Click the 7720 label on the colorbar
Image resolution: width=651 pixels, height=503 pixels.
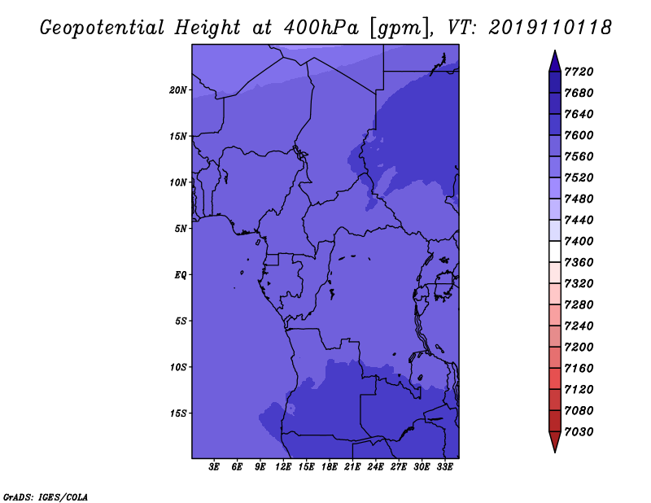point(579,72)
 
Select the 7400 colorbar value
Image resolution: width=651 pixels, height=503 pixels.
point(579,241)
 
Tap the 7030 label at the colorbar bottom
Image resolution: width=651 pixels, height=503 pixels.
point(579,432)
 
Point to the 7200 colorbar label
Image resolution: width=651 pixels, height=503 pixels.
point(579,347)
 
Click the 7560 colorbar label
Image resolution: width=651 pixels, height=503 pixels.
point(579,156)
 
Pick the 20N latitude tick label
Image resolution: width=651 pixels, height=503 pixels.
point(178,90)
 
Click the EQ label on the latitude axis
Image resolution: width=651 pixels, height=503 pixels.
point(181,275)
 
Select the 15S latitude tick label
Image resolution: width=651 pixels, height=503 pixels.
point(178,413)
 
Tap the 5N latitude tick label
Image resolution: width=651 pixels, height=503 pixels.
point(181,229)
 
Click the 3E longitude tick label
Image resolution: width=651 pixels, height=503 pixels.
point(214,467)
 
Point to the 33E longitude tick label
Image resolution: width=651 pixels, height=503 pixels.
point(444,467)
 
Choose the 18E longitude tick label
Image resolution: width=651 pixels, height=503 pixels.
point(330,467)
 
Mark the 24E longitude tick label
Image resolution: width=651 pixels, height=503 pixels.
point(375,467)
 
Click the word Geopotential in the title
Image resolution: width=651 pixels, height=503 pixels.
point(103,28)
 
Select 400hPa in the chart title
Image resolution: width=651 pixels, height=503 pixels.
point(321,28)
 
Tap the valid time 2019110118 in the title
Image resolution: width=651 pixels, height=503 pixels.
point(550,28)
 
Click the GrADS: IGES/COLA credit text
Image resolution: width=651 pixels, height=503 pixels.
point(46,497)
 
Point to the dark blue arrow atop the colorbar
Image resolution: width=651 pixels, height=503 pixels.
point(555,62)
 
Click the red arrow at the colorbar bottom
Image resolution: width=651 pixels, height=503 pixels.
point(555,441)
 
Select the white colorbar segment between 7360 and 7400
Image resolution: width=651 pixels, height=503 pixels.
point(555,251)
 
